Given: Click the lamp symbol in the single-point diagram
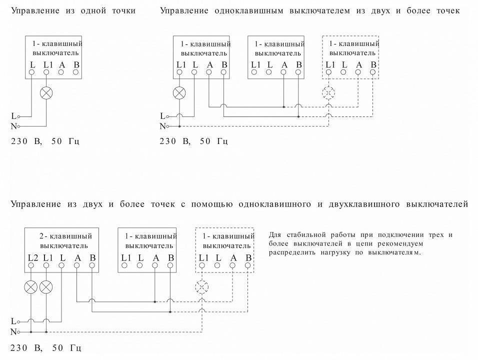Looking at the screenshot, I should click(x=46, y=92).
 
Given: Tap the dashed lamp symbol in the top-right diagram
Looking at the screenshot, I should click(x=328, y=92).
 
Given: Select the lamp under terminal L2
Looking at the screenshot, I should click(x=31, y=287).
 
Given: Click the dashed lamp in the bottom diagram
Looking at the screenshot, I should click(x=202, y=286).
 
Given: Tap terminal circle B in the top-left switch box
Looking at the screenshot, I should click(x=76, y=72).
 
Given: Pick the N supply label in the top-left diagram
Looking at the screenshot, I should click(x=13, y=126).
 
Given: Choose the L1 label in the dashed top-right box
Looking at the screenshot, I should click(x=330, y=64).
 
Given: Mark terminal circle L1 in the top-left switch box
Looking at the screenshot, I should click(x=46, y=72).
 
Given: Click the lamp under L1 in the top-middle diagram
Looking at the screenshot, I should click(x=179, y=92).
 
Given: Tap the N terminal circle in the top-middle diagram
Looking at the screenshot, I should click(x=168, y=126).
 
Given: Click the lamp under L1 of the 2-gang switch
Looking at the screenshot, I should click(x=46, y=287).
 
